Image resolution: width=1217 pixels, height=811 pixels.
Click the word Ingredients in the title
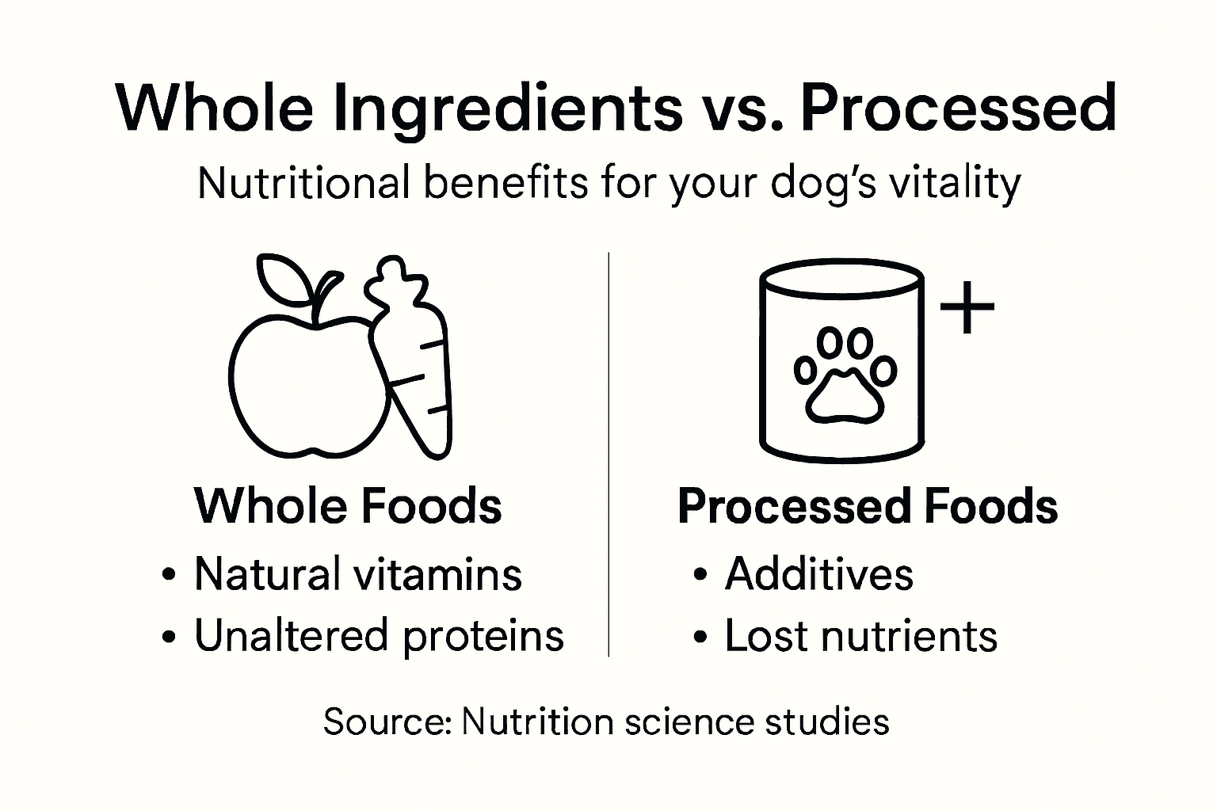coord(507,108)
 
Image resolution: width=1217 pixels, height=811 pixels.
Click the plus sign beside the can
coord(967,307)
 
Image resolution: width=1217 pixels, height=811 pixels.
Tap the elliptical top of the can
coord(841,280)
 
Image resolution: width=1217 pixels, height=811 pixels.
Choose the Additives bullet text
coord(818,573)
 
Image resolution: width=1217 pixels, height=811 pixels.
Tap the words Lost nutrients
coord(860,636)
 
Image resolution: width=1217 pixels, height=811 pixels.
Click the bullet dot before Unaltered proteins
coord(167,637)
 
